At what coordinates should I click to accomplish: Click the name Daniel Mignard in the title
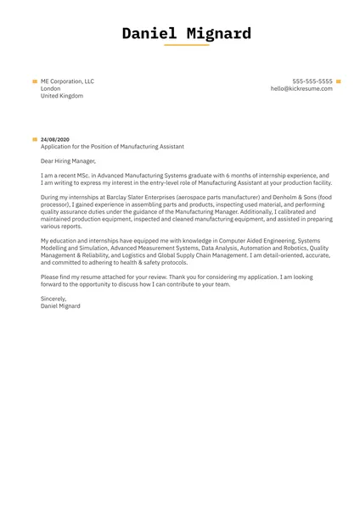pyautogui.click(x=186, y=34)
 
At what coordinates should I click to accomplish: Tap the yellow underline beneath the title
pyautogui.click(x=186, y=45)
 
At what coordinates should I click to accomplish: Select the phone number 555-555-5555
pyautogui.click(x=312, y=81)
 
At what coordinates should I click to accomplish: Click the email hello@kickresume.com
pyautogui.click(x=301, y=88)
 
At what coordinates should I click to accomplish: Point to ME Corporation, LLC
pyautogui.click(x=67, y=81)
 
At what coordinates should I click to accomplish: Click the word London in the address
pyautogui.click(x=50, y=88)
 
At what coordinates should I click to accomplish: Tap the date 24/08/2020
pyautogui.click(x=56, y=139)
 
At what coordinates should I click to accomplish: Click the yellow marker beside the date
pyautogui.click(x=35, y=139)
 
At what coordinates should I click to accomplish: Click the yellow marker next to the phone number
pyautogui.click(x=339, y=81)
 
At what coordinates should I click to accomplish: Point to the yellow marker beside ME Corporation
pyautogui.click(x=35, y=81)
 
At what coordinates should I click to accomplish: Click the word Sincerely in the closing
pyautogui.click(x=53, y=299)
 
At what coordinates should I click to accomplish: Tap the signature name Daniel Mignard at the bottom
pyautogui.click(x=61, y=305)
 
